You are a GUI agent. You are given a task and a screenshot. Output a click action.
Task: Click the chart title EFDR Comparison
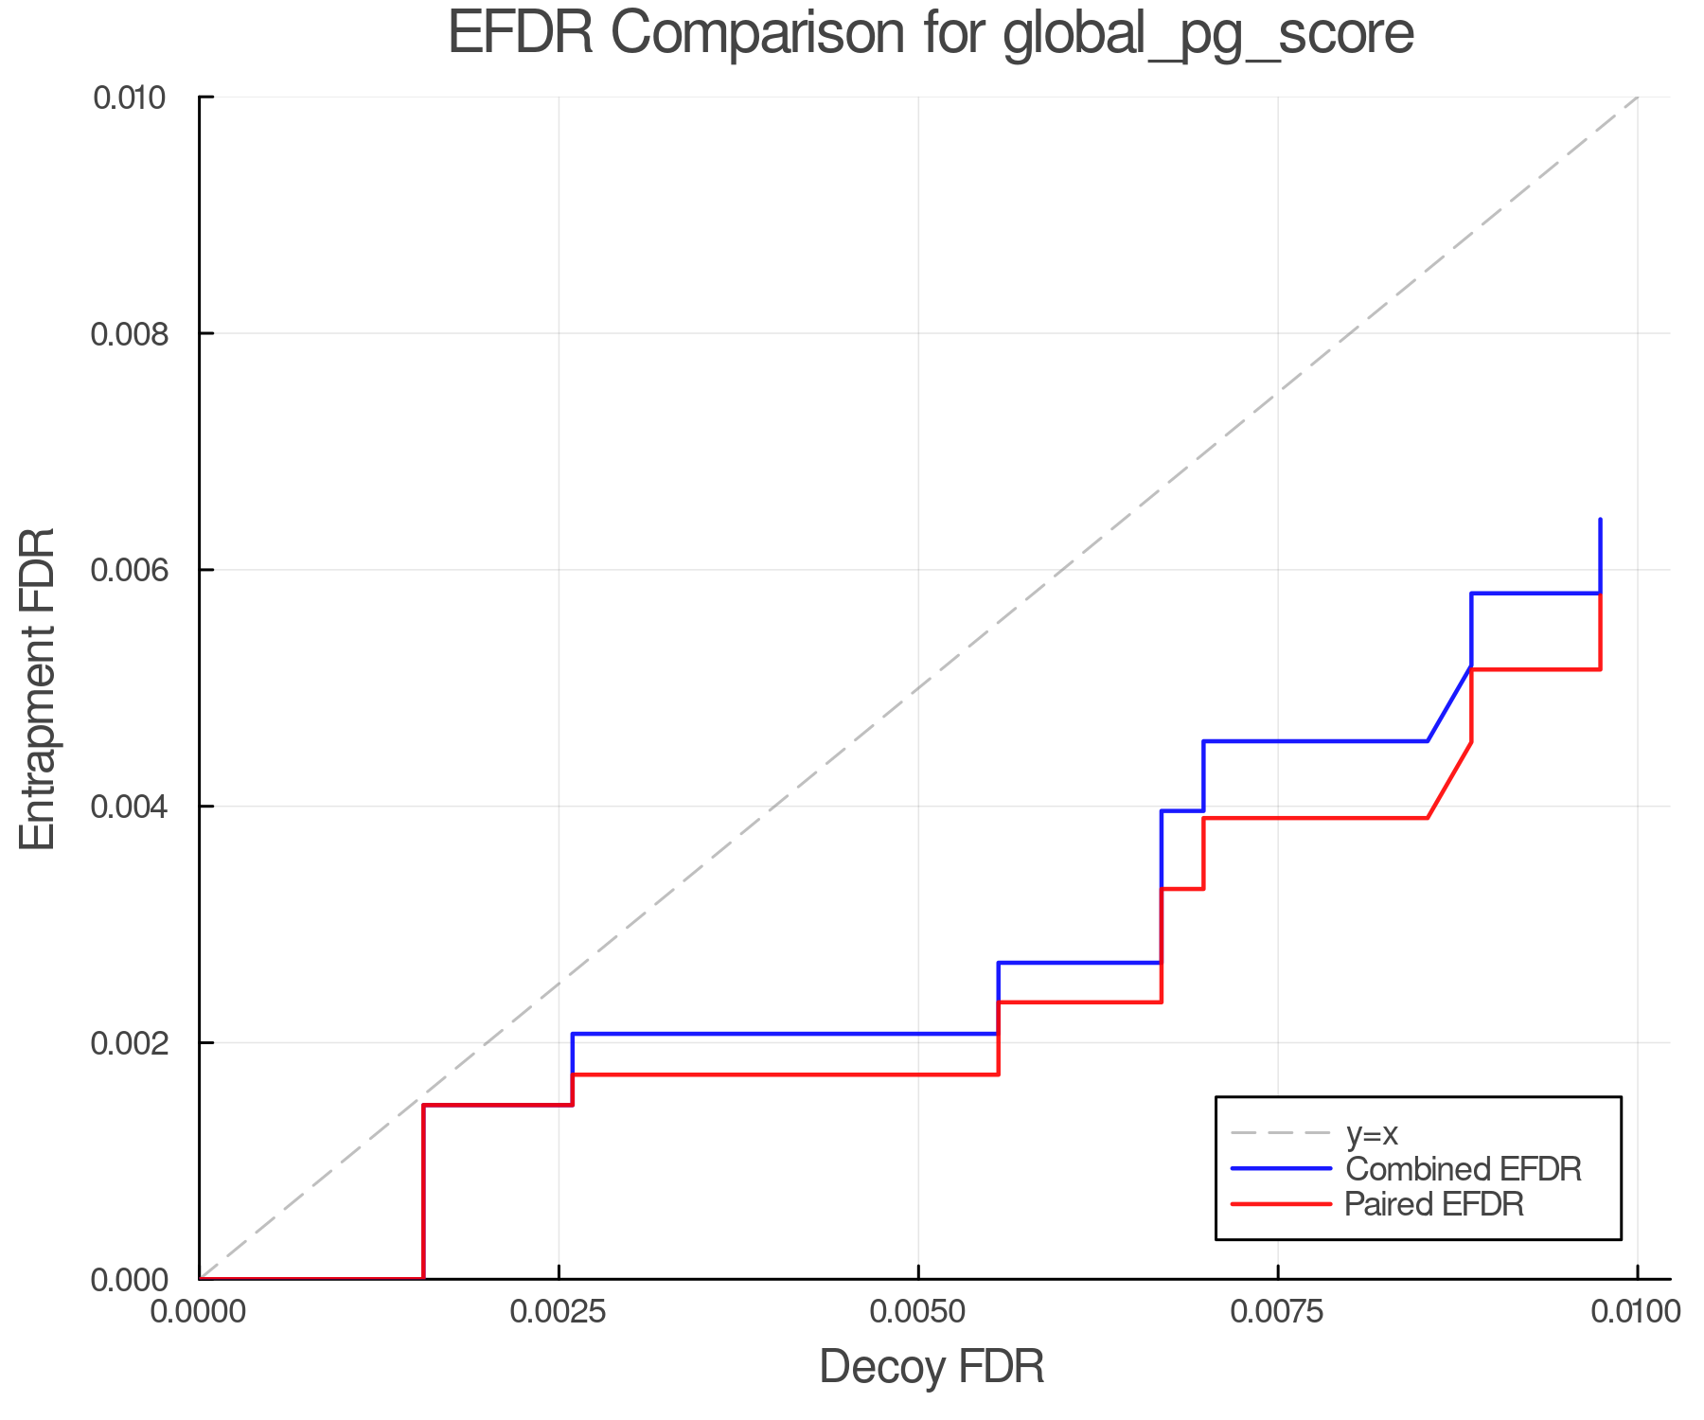pos(931,34)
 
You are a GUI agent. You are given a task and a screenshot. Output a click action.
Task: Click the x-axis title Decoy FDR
pos(932,1367)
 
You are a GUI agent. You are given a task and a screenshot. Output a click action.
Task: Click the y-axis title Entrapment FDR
pos(38,688)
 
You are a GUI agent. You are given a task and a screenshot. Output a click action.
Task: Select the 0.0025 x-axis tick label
pos(559,1311)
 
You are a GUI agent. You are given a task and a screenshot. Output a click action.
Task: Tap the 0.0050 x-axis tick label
pos(918,1311)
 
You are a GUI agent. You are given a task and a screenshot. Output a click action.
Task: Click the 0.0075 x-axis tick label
pos(1278,1311)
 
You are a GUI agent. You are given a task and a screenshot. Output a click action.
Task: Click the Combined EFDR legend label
pos(1464,1169)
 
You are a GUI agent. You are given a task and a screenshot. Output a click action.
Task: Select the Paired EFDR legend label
pos(1434,1204)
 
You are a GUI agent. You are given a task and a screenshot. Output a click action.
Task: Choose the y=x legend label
pos(1372,1133)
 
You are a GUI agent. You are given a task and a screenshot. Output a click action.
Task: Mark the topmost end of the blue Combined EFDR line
pos(1600,520)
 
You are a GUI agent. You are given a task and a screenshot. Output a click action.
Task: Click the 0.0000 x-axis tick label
pos(200,1311)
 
